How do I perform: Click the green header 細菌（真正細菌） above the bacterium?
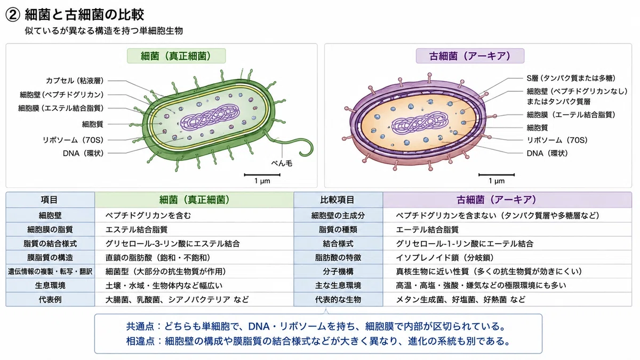[x=176, y=56]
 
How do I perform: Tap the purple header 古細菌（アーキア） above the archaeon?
[x=470, y=56]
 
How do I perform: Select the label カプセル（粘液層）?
[x=75, y=81]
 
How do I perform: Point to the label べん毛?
[x=282, y=163]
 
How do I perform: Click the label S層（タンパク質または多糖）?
[x=571, y=78]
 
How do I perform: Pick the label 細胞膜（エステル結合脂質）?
[x=61, y=108]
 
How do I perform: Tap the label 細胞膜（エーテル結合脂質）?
[x=571, y=115]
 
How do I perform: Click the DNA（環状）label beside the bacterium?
[x=83, y=154]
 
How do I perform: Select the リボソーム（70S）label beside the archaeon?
[x=557, y=140]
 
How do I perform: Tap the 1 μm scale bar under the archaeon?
[x=497, y=174]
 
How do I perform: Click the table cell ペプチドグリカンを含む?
[x=148, y=215]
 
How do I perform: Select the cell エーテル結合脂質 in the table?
[x=427, y=230]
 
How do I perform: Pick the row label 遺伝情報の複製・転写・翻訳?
[x=50, y=271]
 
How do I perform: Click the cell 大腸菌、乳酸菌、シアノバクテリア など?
[x=177, y=299]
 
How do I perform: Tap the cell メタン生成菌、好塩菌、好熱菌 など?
[x=461, y=299]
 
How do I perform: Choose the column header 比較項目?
[x=338, y=199]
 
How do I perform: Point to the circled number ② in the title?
[x=13, y=15]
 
